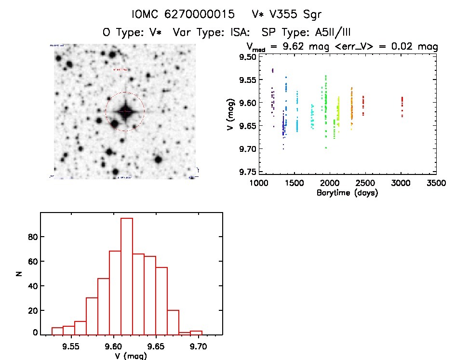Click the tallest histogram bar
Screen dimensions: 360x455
pos(127,276)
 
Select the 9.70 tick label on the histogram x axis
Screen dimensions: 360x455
pos(198,346)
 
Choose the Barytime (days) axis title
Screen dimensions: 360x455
pos(347,193)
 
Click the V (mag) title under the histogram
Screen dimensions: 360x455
pos(132,356)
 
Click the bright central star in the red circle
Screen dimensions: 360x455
pos(124,112)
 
